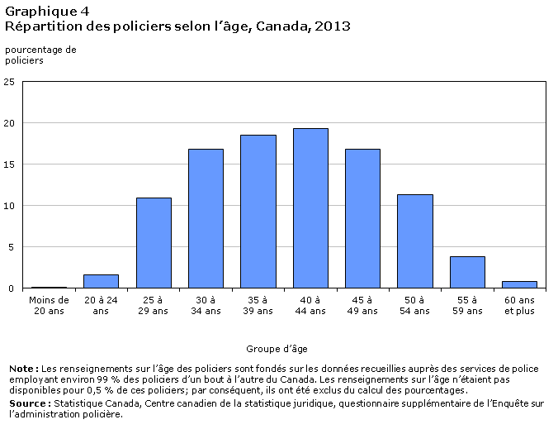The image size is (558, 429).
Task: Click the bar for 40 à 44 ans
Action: pyautogui.click(x=310, y=208)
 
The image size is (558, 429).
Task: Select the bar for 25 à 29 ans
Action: pyautogui.click(x=154, y=243)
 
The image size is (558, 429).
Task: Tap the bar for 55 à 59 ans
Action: pyautogui.click(x=467, y=272)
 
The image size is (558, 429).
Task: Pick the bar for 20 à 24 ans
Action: pyautogui.click(x=101, y=281)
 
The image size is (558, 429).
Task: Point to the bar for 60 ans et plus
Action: pyautogui.click(x=519, y=284)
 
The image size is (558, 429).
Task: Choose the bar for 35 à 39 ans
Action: pyautogui.click(x=258, y=212)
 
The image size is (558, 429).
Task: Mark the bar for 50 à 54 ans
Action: pyautogui.click(x=415, y=241)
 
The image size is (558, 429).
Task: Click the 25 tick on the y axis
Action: pyautogui.click(x=9, y=82)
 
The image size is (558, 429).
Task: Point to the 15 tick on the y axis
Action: pyautogui.click(x=9, y=164)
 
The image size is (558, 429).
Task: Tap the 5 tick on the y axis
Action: pyautogui.click(x=12, y=247)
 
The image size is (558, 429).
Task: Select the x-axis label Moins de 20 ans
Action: pyautogui.click(x=49, y=305)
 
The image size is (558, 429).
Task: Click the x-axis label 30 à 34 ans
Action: pyautogui.click(x=206, y=305)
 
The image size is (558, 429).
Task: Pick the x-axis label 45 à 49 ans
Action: pyautogui.click(x=362, y=305)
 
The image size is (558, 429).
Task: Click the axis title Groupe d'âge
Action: pyautogui.click(x=277, y=349)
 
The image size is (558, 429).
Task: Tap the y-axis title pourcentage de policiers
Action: pyautogui.click(x=40, y=55)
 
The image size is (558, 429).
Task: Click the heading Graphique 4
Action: pyautogui.click(x=47, y=12)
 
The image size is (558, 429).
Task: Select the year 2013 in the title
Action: pyautogui.click(x=333, y=26)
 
